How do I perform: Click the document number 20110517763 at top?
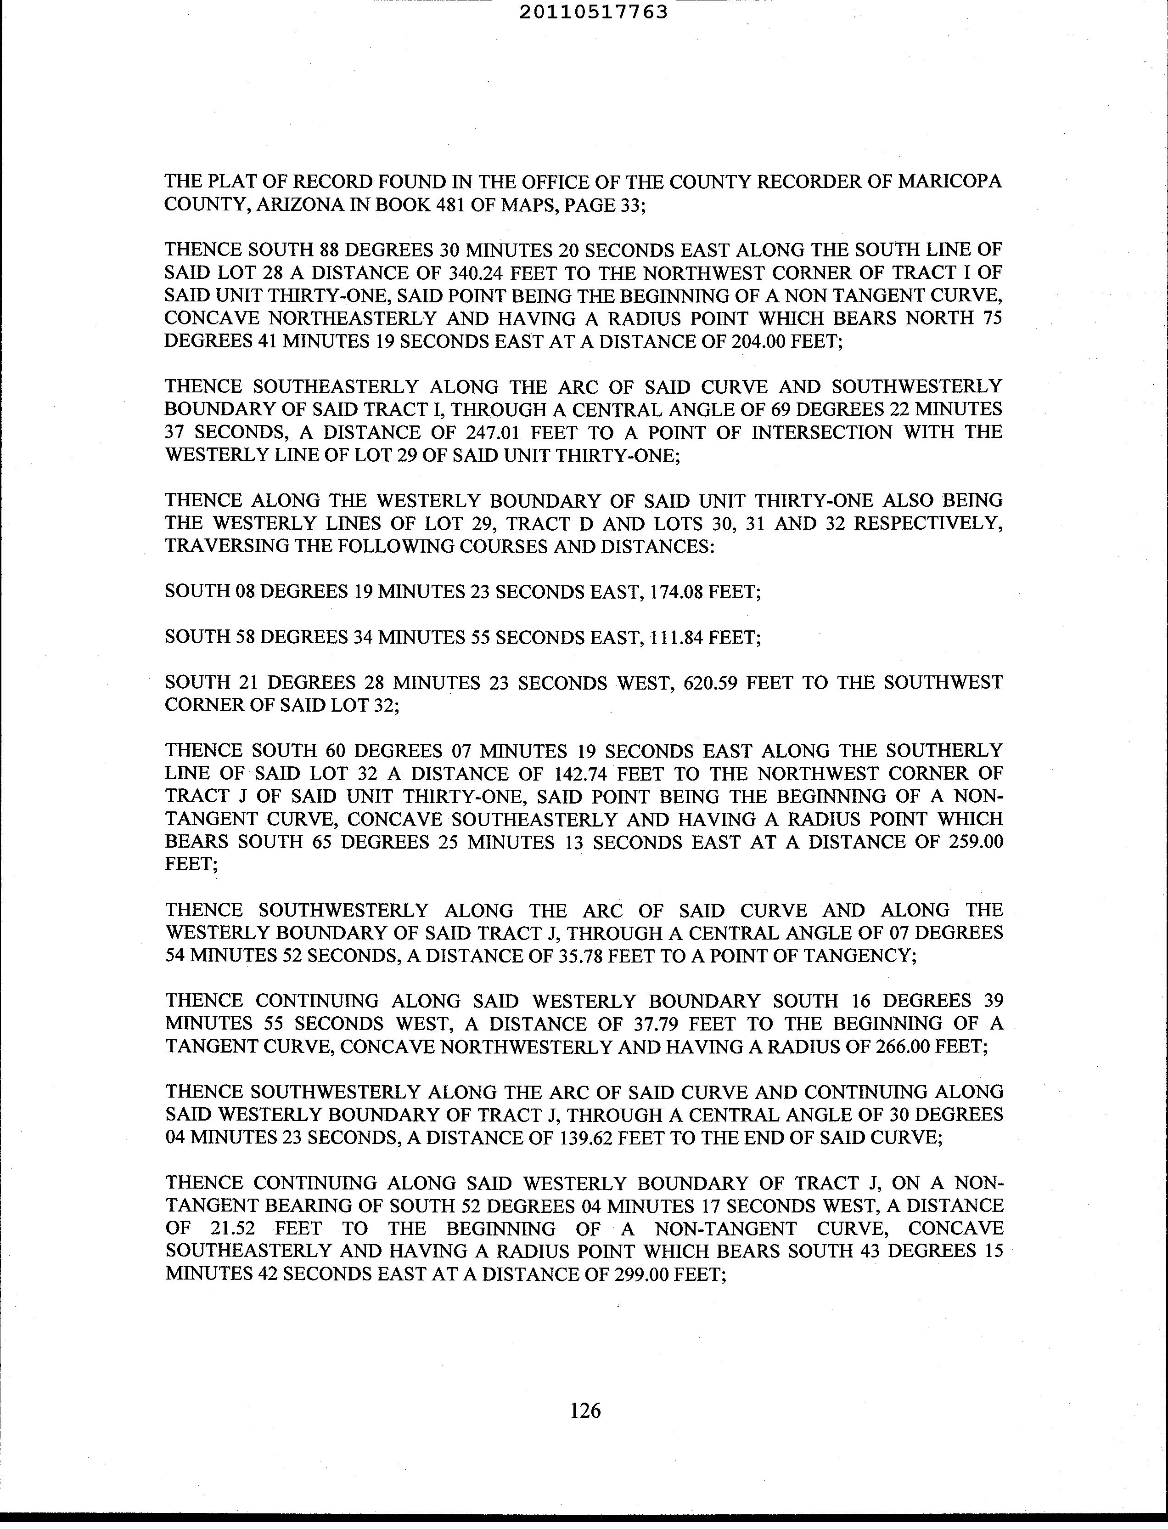pyautogui.click(x=593, y=12)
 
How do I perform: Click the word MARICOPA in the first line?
pyautogui.click(x=950, y=181)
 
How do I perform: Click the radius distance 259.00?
pyautogui.click(x=976, y=842)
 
